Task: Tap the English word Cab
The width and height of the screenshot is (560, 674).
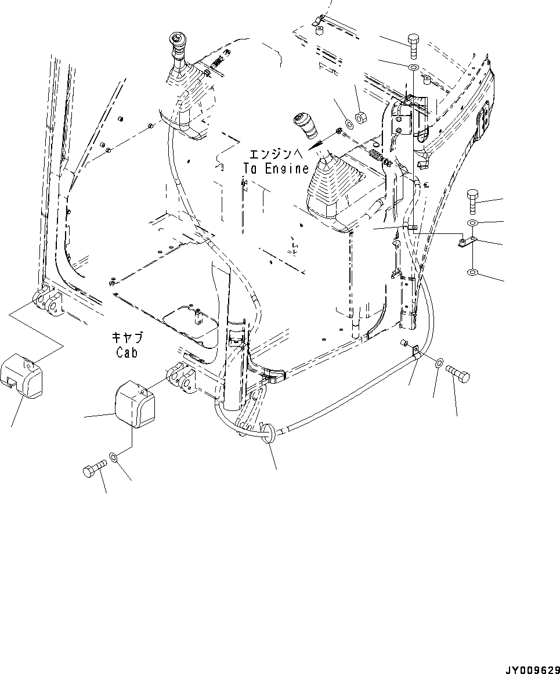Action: tap(126, 352)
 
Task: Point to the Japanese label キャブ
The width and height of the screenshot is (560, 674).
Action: tap(127, 337)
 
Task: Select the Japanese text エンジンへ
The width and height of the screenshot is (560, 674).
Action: tap(276, 155)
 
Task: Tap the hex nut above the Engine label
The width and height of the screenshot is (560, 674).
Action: tap(360, 118)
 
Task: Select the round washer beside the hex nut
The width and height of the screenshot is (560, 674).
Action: tap(349, 123)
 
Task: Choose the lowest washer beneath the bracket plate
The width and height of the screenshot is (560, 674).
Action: tap(473, 272)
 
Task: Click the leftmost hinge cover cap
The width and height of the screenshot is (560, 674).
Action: tap(24, 377)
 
